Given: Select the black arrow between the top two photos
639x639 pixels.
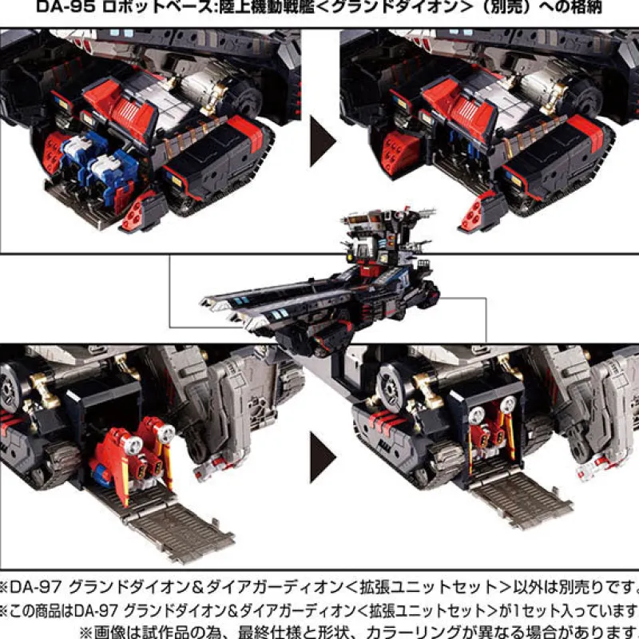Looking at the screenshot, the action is coord(323,141).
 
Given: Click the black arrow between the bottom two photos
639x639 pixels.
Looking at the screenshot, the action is coord(323,457).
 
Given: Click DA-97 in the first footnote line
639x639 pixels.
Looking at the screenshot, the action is coord(36,587).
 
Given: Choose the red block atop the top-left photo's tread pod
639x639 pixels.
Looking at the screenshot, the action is coord(245,130).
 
